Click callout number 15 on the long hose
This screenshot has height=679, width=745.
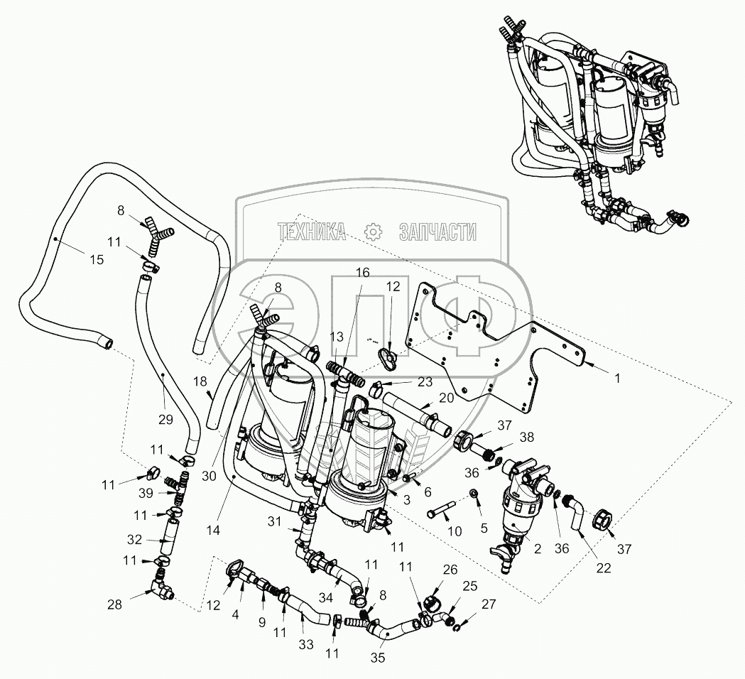click(x=96, y=260)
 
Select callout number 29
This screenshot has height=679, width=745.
click(x=165, y=420)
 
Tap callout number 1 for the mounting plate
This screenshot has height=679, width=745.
click(x=617, y=379)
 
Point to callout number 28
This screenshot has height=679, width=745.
click(x=114, y=604)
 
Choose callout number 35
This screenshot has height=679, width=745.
click(x=378, y=658)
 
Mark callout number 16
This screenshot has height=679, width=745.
click(x=362, y=273)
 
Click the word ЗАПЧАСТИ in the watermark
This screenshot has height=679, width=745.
click(x=437, y=232)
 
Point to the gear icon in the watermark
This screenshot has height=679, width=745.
click(x=373, y=232)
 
